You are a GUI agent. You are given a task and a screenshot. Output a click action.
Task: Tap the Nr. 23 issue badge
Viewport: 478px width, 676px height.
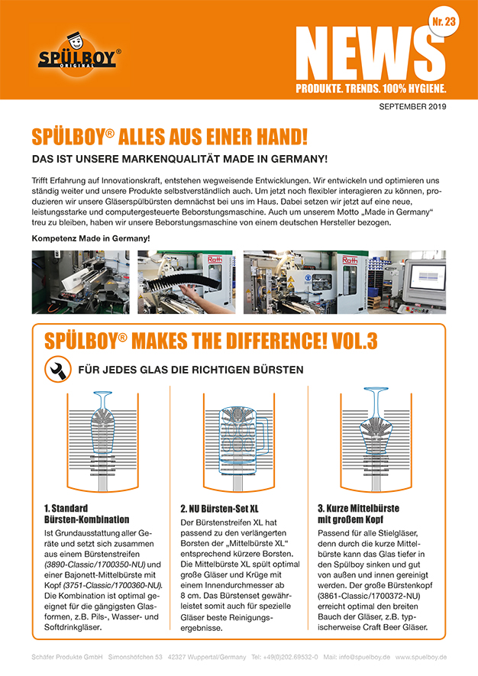[x=444, y=22]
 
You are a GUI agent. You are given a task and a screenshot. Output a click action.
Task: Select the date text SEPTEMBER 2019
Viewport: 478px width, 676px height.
[x=412, y=106]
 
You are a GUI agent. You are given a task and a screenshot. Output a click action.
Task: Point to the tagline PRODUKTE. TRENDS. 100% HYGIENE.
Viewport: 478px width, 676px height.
[x=371, y=89]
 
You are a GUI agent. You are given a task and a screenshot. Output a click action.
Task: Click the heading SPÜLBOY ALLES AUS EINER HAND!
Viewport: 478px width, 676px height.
[x=170, y=137]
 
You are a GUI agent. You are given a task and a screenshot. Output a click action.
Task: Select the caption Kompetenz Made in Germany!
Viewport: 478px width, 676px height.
[x=90, y=238]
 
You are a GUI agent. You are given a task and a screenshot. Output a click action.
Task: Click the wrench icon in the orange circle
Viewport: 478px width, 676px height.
[x=56, y=370]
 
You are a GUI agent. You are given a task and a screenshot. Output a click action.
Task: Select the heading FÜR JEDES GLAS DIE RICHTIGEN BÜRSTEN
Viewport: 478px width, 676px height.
[x=191, y=370]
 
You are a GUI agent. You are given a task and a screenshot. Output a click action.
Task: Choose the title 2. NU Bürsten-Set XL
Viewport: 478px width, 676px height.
[x=219, y=508]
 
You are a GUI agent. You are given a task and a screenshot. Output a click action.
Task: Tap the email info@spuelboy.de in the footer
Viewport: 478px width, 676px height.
[x=356, y=657]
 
